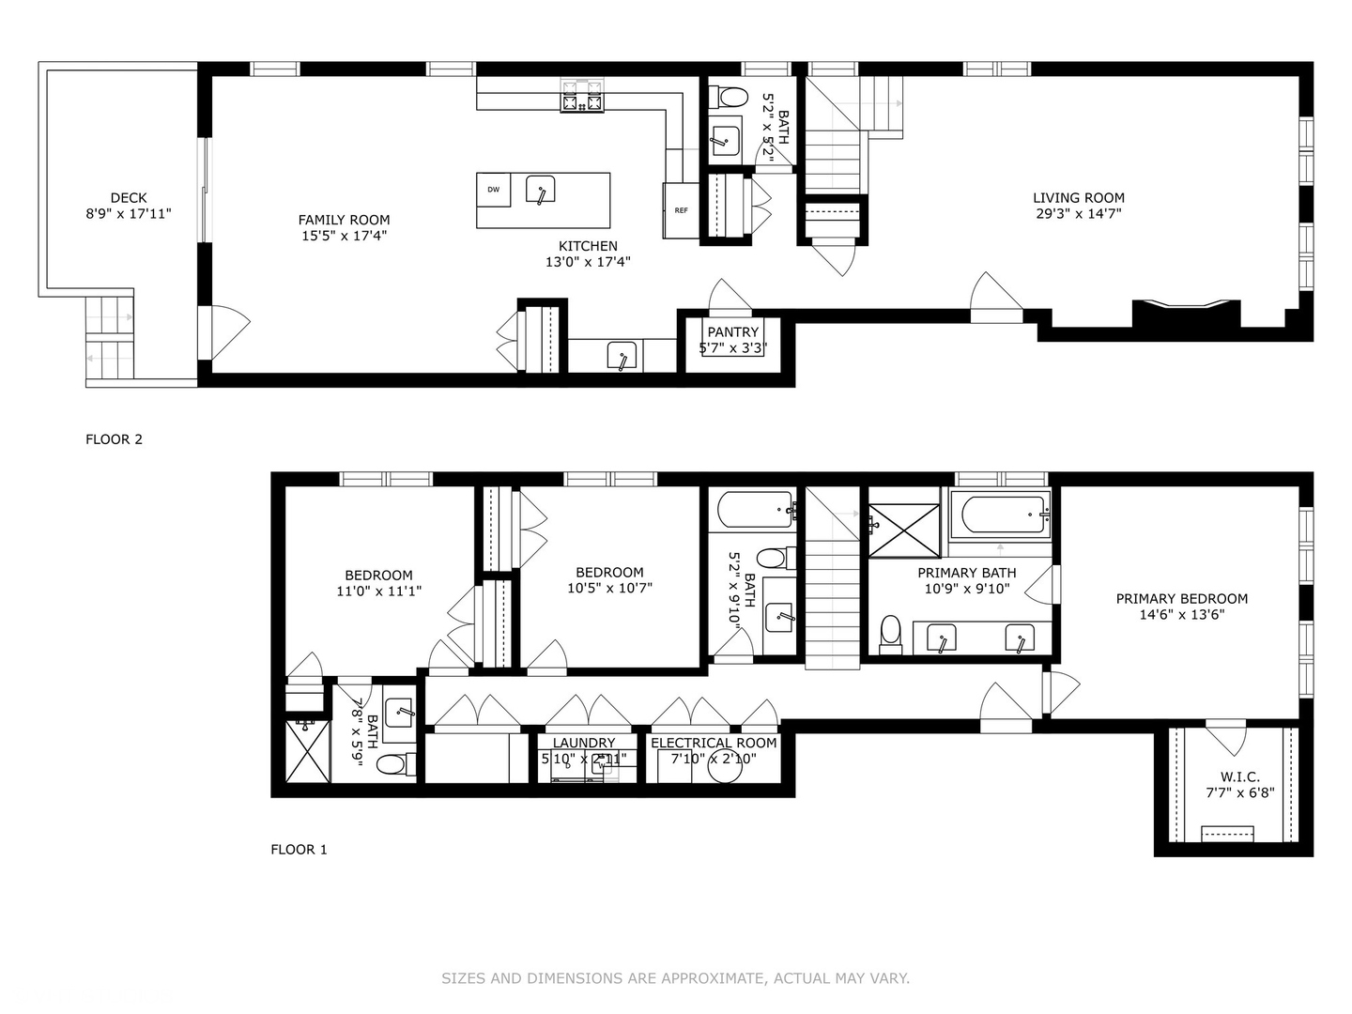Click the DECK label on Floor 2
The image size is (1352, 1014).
(x=129, y=197)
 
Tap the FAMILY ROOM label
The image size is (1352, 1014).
(x=344, y=220)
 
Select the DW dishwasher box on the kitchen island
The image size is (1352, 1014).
(x=493, y=190)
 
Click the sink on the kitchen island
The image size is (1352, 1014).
(x=540, y=190)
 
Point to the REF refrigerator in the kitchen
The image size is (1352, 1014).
(x=681, y=210)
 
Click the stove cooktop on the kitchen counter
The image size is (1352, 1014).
(x=582, y=96)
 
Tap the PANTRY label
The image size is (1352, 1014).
(x=732, y=332)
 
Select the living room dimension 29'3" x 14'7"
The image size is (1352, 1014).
(x=1079, y=214)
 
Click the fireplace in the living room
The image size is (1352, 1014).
(x=1186, y=313)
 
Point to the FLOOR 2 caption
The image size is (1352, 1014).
(x=114, y=439)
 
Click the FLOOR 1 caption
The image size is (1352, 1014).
(x=299, y=850)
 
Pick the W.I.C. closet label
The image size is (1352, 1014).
(x=1239, y=776)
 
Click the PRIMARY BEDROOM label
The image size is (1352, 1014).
(x=1181, y=599)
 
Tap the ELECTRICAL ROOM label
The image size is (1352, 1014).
(x=714, y=743)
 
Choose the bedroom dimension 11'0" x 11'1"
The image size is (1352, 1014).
(x=378, y=591)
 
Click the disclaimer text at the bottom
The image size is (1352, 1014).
(x=675, y=978)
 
